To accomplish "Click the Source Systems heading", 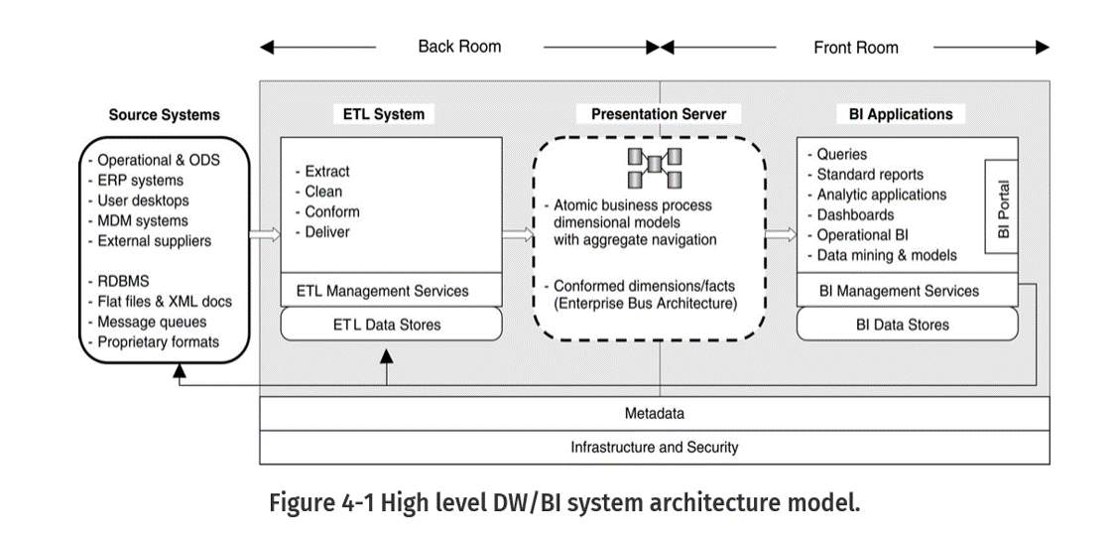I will (x=164, y=115).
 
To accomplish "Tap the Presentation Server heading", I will (x=659, y=114).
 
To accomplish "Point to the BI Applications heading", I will (x=901, y=114).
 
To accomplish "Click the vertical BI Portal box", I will (x=1002, y=207).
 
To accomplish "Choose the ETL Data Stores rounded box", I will (x=392, y=324).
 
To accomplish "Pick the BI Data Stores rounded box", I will (x=907, y=324).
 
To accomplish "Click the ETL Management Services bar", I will (x=382, y=291).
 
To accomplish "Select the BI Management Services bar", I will (x=899, y=291).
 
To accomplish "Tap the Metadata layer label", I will (x=654, y=413).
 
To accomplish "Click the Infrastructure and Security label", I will (x=654, y=447).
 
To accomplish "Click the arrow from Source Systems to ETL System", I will (x=264, y=234).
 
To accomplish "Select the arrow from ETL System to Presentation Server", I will (x=517, y=234).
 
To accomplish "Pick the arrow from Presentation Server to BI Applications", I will (x=781, y=234).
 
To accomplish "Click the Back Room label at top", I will (x=459, y=47).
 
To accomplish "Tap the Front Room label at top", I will (x=855, y=48).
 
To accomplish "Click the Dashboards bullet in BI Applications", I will (x=854, y=214).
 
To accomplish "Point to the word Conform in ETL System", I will (x=332, y=211).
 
